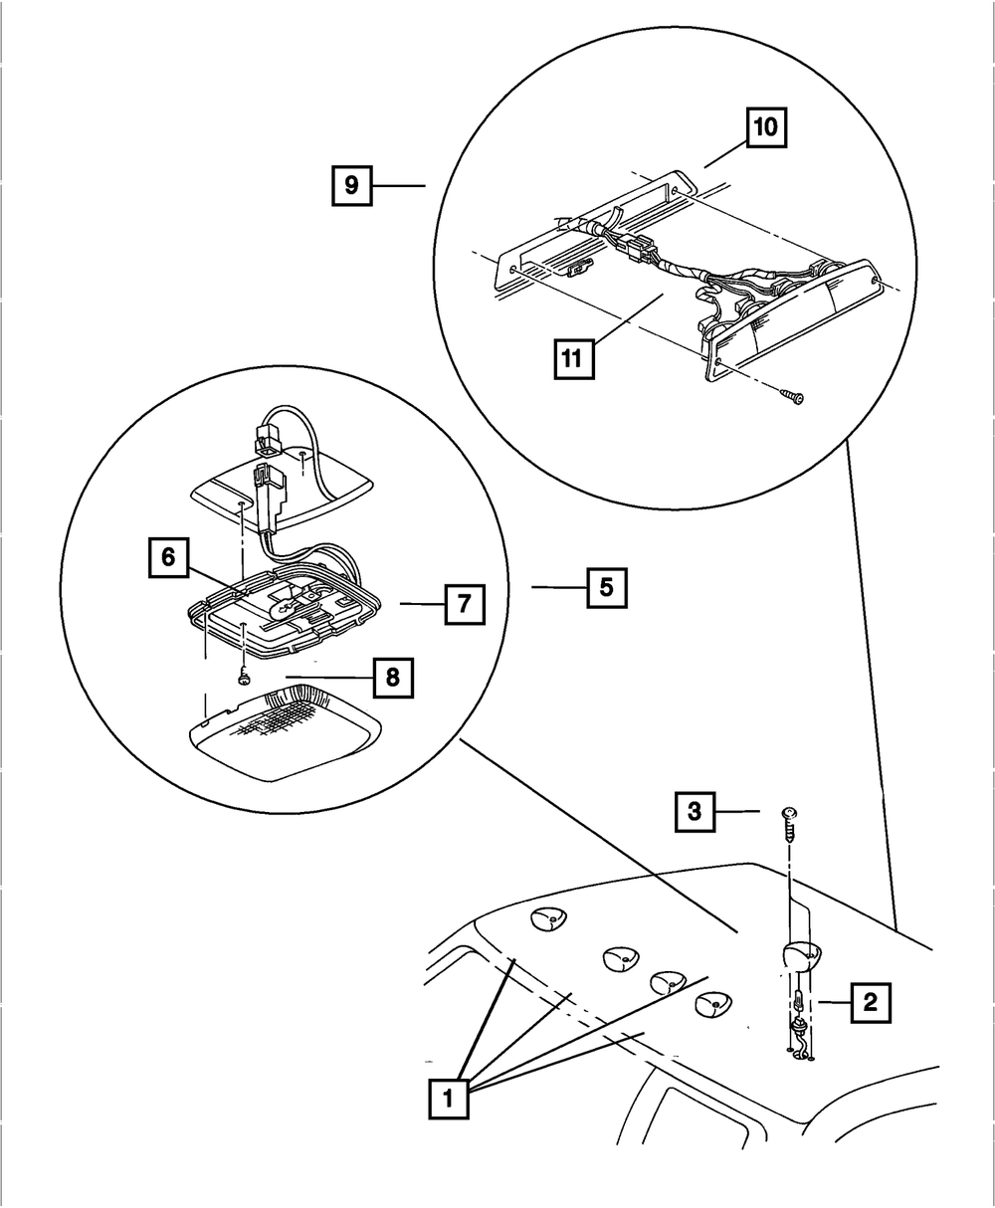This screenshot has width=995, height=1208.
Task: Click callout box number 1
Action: pyautogui.click(x=448, y=1099)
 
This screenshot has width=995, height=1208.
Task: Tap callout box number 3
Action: pyautogui.click(x=695, y=811)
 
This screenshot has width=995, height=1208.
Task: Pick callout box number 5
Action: pyautogui.click(x=607, y=587)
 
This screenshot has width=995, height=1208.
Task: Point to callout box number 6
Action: pyautogui.click(x=168, y=557)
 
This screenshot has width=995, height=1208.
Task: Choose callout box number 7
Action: pyautogui.click(x=465, y=603)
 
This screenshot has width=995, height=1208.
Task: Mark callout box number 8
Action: pyautogui.click(x=393, y=678)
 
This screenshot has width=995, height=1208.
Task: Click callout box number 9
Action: pyautogui.click(x=351, y=185)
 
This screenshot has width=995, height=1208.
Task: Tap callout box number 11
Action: pyautogui.click(x=575, y=358)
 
